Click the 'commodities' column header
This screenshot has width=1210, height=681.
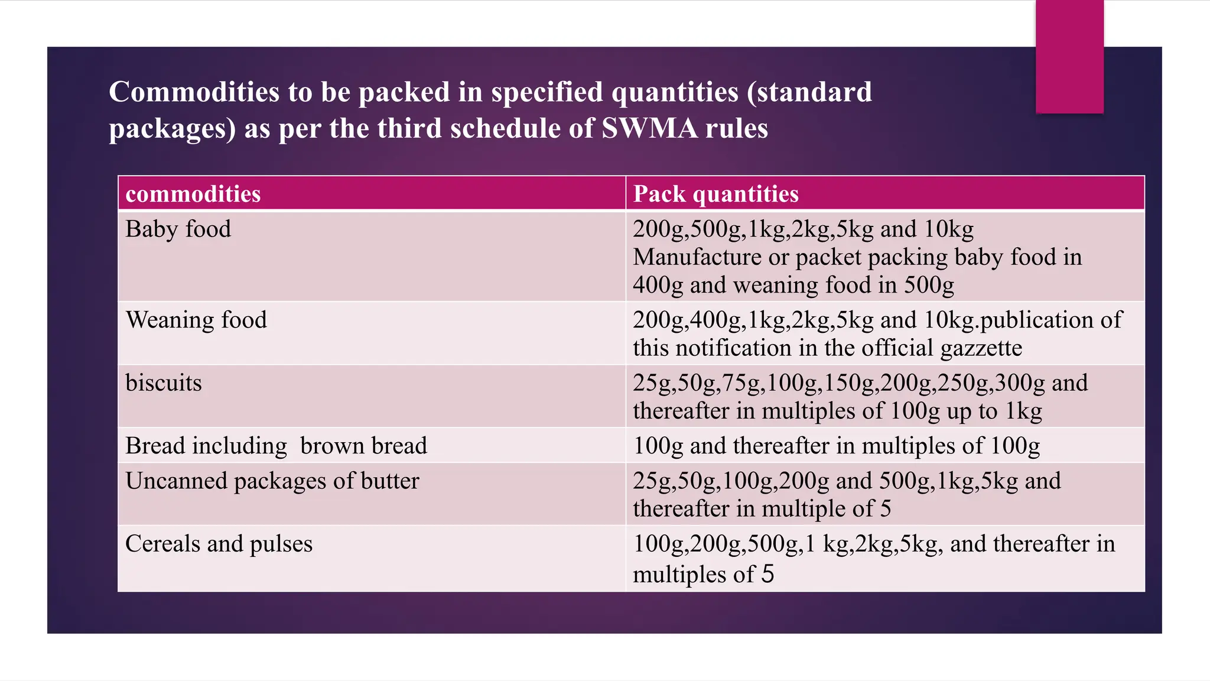pyautogui.click(x=193, y=194)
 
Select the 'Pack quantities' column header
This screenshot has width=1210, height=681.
pyautogui.click(x=715, y=194)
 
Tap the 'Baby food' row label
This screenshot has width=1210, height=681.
pyautogui.click(x=178, y=229)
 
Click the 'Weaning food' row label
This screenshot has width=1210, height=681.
pyautogui.click(x=196, y=320)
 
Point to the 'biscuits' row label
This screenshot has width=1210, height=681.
pyautogui.click(x=164, y=383)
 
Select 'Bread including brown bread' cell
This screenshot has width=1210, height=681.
pyautogui.click(x=276, y=446)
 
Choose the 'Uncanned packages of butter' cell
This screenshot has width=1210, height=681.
pyautogui.click(x=272, y=481)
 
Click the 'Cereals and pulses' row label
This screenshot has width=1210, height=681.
pyautogui.click(x=219, y=544)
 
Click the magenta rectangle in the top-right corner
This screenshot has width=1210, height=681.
pyautogui.click(x=1069, y=57)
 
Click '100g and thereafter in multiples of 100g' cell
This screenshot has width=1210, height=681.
pyautogui.click(x=836, y=446)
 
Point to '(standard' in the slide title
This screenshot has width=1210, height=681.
pyautogui.click(x=809, y=92)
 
